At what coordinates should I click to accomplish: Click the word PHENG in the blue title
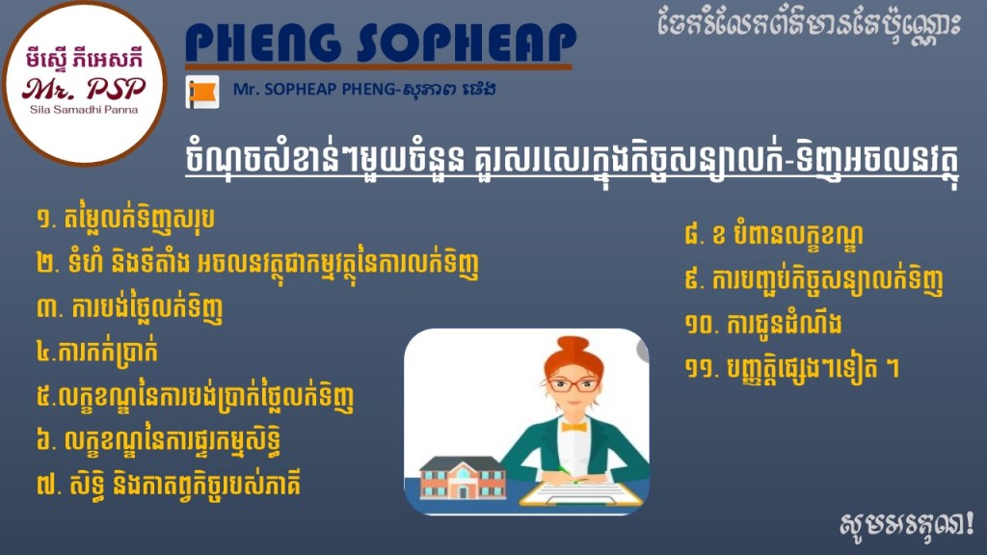click(263, 42)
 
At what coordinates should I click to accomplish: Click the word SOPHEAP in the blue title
click(467, 42)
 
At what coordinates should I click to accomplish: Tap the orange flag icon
click(202, 92)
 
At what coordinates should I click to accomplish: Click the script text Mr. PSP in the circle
click(84, 89)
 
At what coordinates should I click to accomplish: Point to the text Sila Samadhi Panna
click(84, 110)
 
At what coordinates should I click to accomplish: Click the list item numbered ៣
click(130, 308)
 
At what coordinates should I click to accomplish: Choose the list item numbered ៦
click(158, 440)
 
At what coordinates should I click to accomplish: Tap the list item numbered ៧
click(168, 485)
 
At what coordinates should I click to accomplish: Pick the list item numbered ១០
click(763, 324)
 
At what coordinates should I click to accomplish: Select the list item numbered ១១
click(792, 368)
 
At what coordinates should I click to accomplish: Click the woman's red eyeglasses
click(573, 383)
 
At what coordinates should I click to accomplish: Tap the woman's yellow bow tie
click(574, 427)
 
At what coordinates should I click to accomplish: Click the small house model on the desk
click(463, 478)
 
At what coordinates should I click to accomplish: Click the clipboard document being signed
click(581, 493)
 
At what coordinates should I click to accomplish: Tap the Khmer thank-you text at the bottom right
click(906, 523)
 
